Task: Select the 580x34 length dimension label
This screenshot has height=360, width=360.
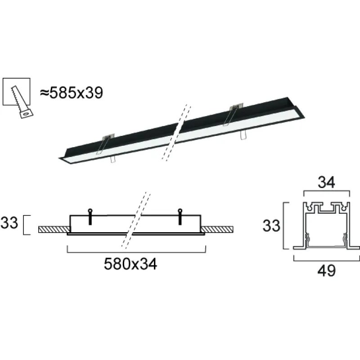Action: (x=130, y=265)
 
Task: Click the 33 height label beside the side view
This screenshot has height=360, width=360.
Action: (x=10, y=224)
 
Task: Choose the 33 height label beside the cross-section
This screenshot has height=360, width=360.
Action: (x=271, y=225)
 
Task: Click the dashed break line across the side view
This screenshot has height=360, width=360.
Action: (x=135, y=220)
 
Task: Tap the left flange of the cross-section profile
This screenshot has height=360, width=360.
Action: (x=298, y=247)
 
